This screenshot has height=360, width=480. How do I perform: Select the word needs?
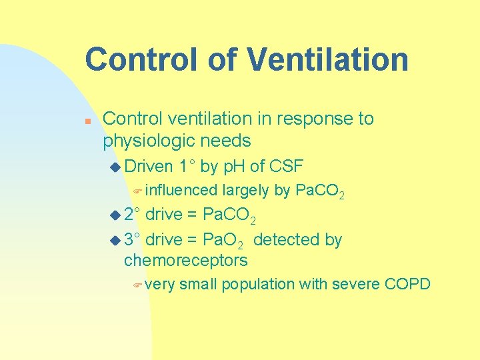tap(229, 141)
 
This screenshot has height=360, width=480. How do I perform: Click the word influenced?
tap(181, 191)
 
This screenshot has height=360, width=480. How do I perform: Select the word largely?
tap(246, 191)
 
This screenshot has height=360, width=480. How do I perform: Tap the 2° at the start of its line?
tap(132, 215)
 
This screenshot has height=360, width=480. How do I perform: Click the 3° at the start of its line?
tap(132, 240)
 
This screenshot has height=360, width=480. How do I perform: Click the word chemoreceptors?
tap(186, 260)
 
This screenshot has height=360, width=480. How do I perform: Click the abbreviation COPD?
tap(408, 285)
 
